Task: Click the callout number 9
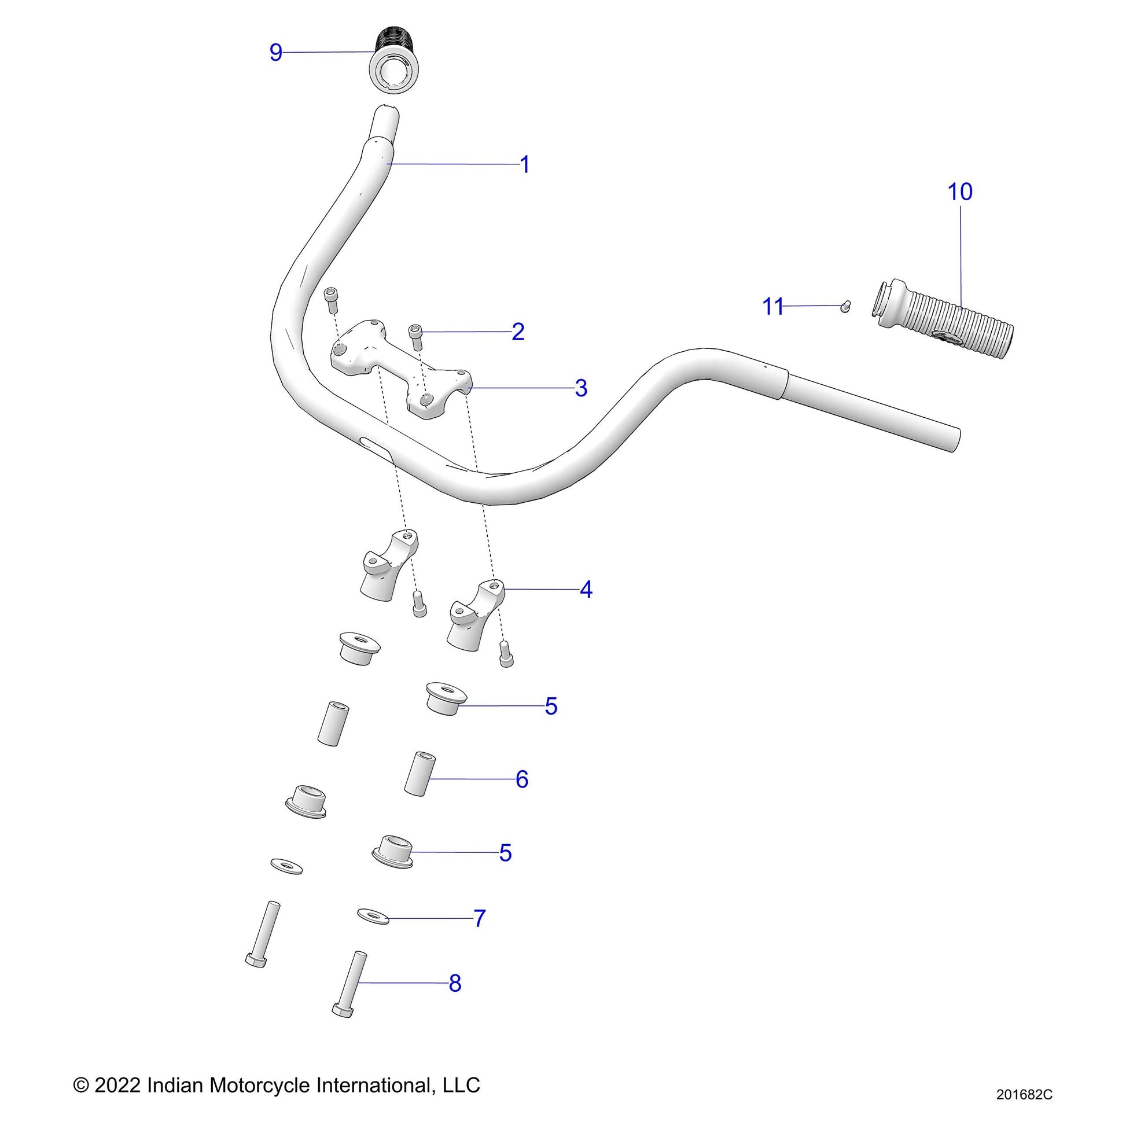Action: pos(275,53)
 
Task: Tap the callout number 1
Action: pos(525,165)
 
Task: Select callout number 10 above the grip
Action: pos(960,192)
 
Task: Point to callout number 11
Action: pos(773,307)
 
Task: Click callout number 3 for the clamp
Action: pos(580,388)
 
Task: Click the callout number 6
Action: pos(521,779)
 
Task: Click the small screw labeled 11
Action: pos(847,306)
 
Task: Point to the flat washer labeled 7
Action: pos(374,915)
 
